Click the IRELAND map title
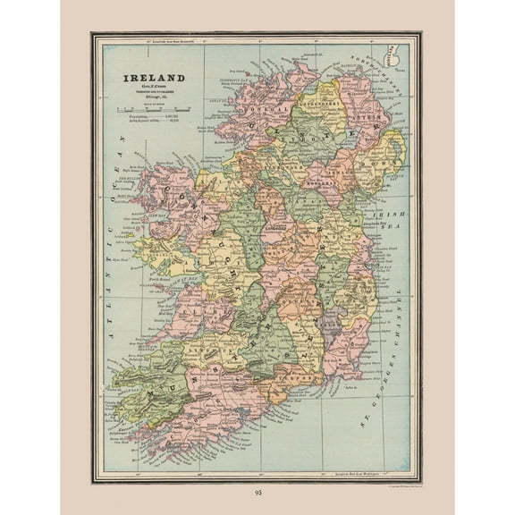pos(154,78)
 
